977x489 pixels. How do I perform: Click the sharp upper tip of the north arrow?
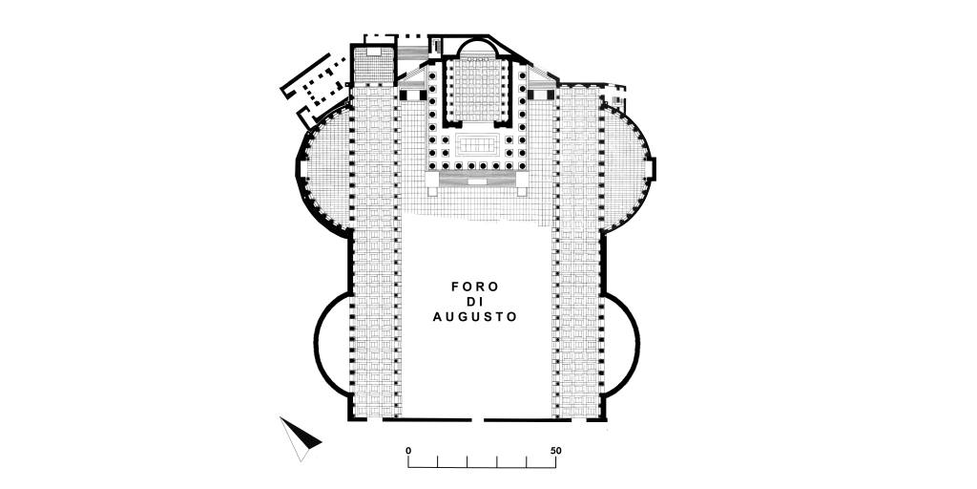281,417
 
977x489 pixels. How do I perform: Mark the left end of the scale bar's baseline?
408,467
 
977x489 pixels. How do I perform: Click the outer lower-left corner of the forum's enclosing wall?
347,421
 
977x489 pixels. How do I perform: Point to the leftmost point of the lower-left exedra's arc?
315,344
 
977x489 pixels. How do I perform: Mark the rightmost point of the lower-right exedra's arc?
639,344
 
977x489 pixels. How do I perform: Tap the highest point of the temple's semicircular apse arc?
477,38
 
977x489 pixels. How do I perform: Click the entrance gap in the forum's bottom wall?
478,420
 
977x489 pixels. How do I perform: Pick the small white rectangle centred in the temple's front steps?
477,181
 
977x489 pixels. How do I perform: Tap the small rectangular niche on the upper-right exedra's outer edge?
654,168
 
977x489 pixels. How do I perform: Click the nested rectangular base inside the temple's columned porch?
478,145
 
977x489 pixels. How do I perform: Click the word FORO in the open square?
475,287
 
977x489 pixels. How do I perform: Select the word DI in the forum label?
475,302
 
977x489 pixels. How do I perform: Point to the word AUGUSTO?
475,317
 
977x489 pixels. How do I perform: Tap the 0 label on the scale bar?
408,451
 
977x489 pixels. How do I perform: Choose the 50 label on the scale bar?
556,451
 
